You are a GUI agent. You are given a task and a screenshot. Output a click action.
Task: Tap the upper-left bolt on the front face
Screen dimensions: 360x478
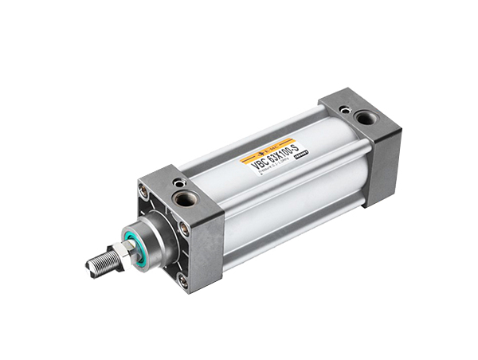click(143, 191)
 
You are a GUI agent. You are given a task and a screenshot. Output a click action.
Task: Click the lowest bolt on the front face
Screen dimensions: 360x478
click(182, 280)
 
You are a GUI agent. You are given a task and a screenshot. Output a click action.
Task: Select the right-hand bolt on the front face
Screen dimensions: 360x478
click(184, 230)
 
